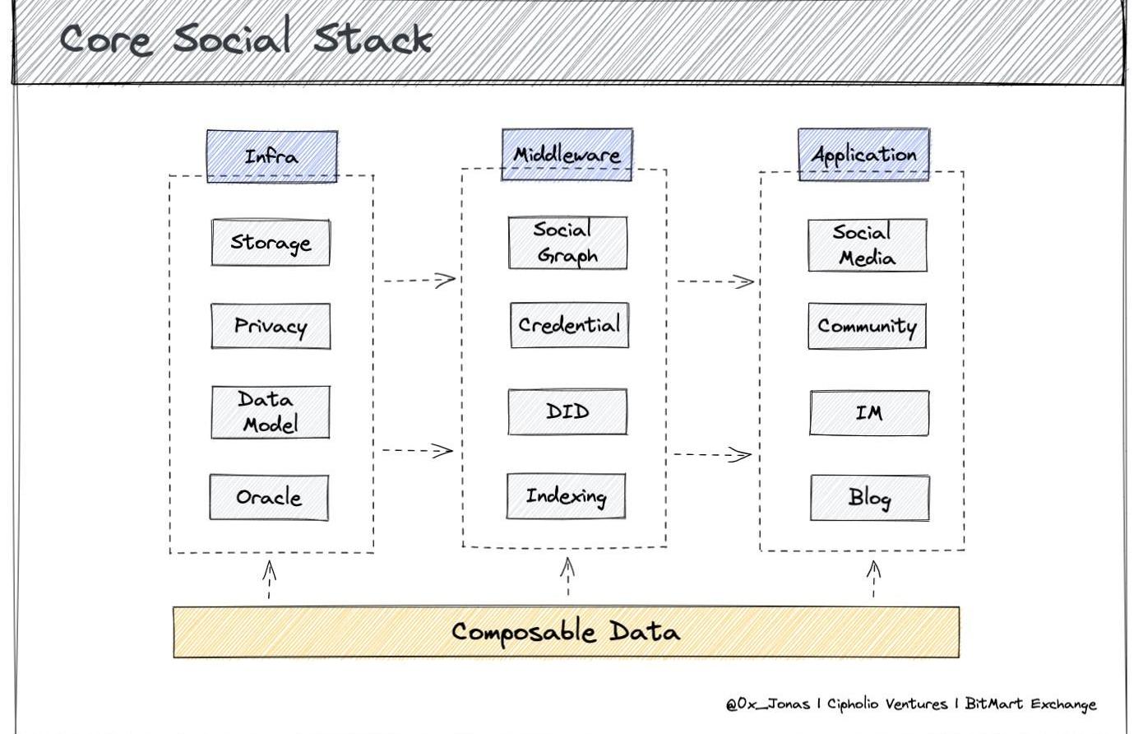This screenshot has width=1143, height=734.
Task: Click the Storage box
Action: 271,243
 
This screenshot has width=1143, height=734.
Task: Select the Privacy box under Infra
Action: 271,327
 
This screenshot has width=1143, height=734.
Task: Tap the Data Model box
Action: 271,412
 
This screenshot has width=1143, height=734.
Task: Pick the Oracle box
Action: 269,497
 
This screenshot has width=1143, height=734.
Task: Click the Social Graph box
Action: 567,243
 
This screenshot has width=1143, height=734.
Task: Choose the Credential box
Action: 569,325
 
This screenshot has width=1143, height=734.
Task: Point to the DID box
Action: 567,411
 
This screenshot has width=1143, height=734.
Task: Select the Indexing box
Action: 566,496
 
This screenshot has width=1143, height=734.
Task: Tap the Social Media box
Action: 867,245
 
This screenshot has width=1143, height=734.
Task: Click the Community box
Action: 867,326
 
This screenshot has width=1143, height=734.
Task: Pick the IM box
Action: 869,412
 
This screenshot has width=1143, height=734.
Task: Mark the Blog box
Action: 869,498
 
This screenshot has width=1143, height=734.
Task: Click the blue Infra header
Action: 272,156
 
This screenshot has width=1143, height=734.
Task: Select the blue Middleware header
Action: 567,154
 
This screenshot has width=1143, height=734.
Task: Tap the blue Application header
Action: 863,154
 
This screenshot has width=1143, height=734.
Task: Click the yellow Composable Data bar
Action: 566,632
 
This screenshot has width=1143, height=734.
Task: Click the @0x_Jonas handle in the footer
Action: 767,704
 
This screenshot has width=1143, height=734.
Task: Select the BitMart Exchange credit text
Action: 1030,704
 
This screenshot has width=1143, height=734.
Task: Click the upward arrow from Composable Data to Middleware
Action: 567,578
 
